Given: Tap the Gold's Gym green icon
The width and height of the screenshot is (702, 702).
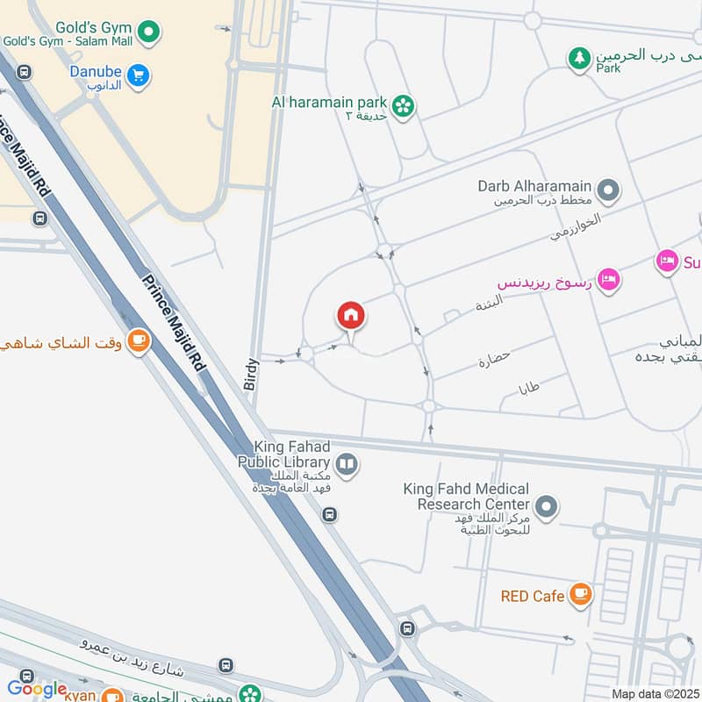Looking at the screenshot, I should coord(151,32).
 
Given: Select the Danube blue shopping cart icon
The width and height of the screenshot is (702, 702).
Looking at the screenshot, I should coord(138,76).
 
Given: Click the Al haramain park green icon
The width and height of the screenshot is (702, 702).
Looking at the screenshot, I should coord(403,106).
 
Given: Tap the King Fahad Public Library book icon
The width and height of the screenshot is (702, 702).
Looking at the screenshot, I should coord(347,463).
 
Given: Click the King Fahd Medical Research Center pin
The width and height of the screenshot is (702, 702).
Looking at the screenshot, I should coord(546,506).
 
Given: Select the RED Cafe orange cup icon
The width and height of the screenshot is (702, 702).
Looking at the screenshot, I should coord(579,595).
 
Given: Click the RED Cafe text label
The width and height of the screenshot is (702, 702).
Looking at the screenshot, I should coord(533,596).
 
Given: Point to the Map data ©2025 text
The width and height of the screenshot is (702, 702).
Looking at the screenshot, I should coord(655,694).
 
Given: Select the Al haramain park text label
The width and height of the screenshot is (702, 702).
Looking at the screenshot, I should coord(329,101).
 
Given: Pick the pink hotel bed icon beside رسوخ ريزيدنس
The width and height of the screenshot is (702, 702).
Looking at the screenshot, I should coord(610,280).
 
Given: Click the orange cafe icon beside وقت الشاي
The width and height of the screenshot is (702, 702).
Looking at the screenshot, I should coord(139,341).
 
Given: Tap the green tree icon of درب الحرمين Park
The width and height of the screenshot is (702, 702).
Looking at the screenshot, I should coord(578,59).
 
